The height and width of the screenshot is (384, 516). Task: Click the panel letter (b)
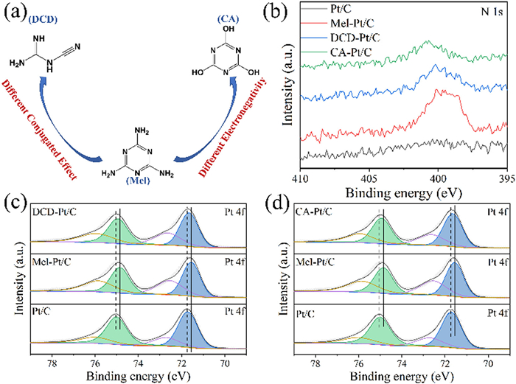(x=277, y=10)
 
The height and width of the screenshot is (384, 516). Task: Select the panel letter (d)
(x=277, y=202)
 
